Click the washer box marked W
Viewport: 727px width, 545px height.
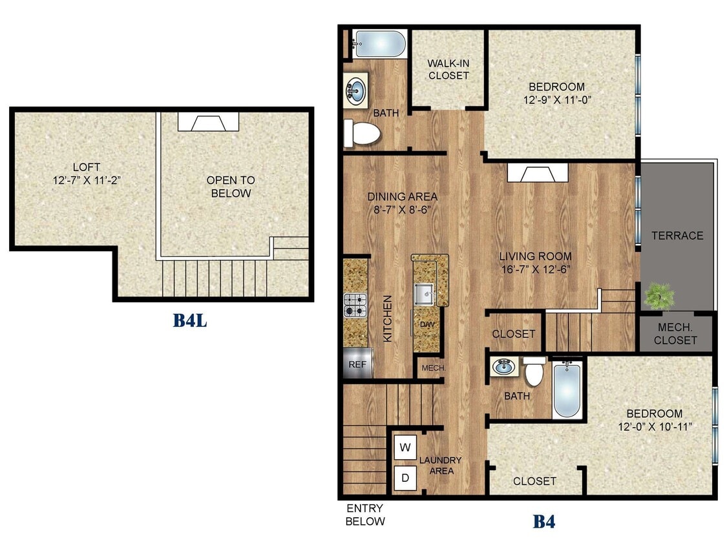click(x=405, y=447)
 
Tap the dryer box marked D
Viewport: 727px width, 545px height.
click(x=405, y=478)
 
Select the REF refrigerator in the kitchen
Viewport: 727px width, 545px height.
click(x=357, y=364)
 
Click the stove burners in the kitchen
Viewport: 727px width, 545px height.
click(x=355, y=305)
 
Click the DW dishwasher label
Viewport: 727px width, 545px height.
click(x=427, y=324)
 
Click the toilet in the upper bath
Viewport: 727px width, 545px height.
click(x=362, y=133)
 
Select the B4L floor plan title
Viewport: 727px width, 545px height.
click(x=190, y=320)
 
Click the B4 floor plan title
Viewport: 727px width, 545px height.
click(x=543, y=521)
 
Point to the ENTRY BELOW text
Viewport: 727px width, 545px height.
click(x=365, y=515)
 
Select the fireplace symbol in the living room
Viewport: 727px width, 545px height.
click(x=537, y=173)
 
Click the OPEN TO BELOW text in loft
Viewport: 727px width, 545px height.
click(x=230, y=187)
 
